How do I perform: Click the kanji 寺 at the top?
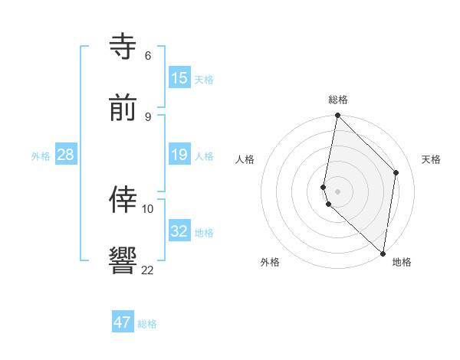coord(123,46)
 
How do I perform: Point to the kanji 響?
coord(123,260)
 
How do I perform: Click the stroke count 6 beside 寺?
coord(147,56)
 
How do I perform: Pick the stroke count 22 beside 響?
coord(147,270)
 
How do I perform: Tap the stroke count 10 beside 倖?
coord(148,208)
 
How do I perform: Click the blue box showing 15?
coord(179,77)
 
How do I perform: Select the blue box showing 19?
coord(179,155)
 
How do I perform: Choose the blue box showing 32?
coord(179,231)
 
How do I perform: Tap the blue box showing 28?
coord(66,155)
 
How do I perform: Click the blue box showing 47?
coord(123,322)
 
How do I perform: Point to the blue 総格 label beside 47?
coord(147,324)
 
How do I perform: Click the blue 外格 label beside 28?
coord(41,156)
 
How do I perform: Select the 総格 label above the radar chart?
coord(338,100)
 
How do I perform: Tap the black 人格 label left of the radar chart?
coord(245,159)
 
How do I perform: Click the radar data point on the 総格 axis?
coord(337,116)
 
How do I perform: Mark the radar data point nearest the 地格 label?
coord(383,254)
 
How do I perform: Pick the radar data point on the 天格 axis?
coord(396,172)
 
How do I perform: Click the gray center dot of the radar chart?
coord(337,191)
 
